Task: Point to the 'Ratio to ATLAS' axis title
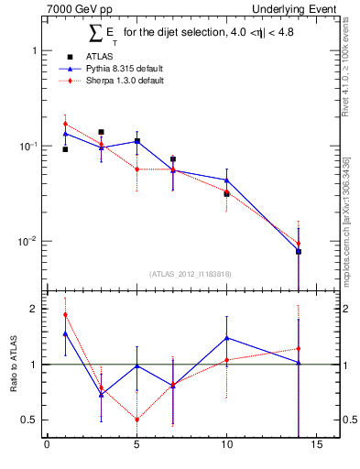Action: point(13,365)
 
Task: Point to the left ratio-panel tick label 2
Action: point(35,309)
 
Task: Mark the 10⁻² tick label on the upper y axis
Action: point(28,241)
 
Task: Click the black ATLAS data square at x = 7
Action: point(172,159)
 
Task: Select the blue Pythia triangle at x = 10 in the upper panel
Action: point(226,180)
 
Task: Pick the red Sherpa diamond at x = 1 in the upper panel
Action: point(65,124)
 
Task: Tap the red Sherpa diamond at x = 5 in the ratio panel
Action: point(136,420)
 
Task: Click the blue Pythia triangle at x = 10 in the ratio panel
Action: point(226,338)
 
